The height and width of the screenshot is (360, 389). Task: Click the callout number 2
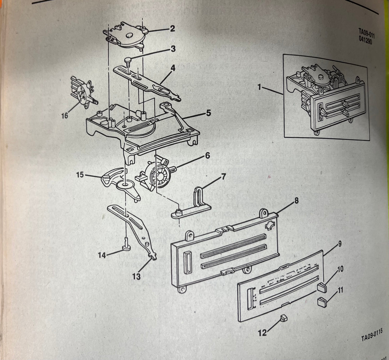tap(172, 28)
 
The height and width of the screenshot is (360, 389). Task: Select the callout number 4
tap(173, 68)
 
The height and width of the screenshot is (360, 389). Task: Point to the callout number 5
tap(208, 113)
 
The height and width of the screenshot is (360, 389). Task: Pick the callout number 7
tap(223, 177)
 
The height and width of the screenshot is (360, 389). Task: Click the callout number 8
tap(296, 201)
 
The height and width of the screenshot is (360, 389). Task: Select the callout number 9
tap(340, 244)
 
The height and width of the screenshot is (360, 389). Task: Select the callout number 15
tap(80, 175)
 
